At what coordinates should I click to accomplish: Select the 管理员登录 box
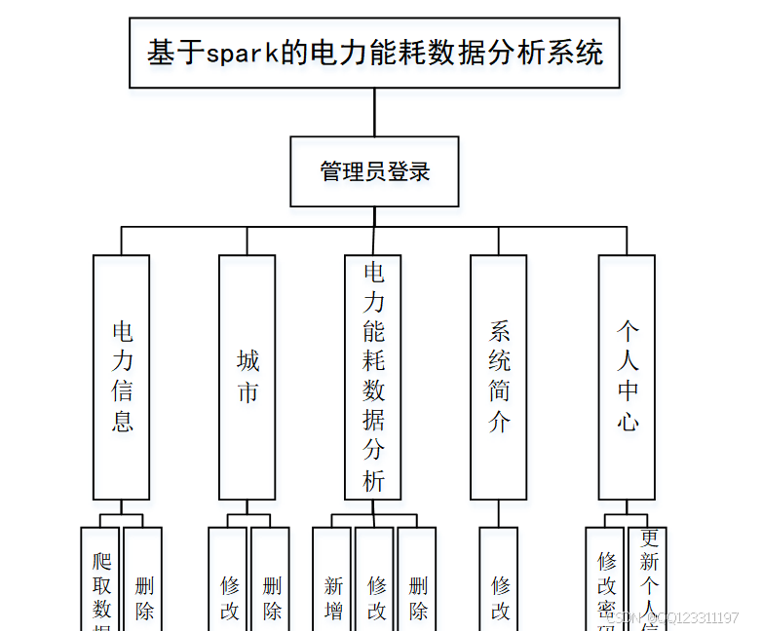point(374,171)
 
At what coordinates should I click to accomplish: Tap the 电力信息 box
point(122,377)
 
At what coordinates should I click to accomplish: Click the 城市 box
point(248,377)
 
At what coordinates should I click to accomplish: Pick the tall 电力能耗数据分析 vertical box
point(373,377)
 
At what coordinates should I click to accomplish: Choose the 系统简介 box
point(499,377)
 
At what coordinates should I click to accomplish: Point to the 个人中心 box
point(627,377)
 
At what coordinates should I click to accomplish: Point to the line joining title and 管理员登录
point(374,112)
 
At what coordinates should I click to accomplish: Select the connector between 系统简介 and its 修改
point(499,513)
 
